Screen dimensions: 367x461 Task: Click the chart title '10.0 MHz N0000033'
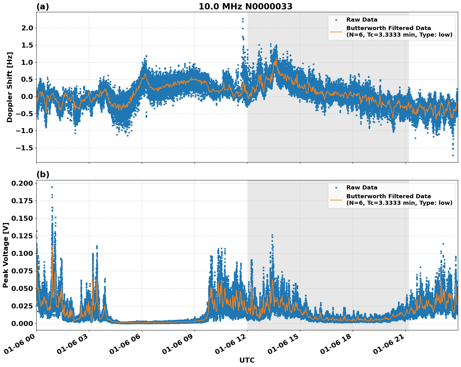[x=245, y=7]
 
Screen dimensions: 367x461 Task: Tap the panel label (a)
[x=43, y=7]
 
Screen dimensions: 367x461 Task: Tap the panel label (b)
[x=43, y=174]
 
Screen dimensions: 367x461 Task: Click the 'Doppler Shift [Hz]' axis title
[x=10, y=87]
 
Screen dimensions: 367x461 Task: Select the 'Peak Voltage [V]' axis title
[x=5, y=255]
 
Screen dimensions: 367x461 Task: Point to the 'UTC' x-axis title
[x=247, y=360]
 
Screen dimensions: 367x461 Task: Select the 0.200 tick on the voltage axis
[x=22, y=183]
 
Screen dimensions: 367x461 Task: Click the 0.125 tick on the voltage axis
[x=22, y=236]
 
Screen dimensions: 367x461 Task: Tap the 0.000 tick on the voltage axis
[x=22, y=323]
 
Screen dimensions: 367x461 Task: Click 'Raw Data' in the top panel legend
[x=362, y=20]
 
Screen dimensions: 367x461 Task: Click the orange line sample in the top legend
[x=336, y=31]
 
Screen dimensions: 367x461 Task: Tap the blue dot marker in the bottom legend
[x=336, y=188]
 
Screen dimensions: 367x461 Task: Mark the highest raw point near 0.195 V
[x=52, y=187]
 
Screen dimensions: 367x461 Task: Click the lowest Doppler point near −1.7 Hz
[x=453, y=155]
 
